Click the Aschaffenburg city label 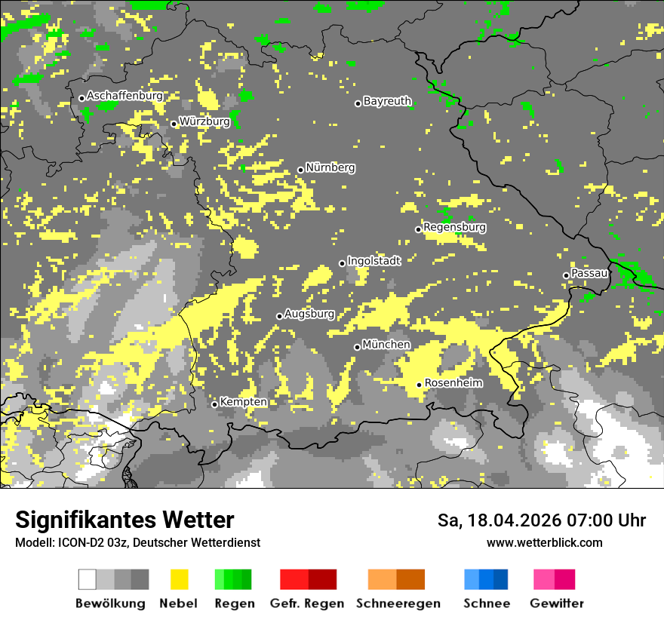pyautogui.click(x=124, y=96)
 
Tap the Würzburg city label pyautogui.click(x=204, y=121)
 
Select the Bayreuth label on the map pyautogui.click(x=387, y=101)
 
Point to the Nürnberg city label pyautogui.click(x=330, y=167)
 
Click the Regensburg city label pyautogui.click(x=454, y=227)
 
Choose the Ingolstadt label pyautogui.click(x=374, y=261)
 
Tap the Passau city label pyautogui.click(x=590, y=273)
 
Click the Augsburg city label pyautogui.click(x=309, y=314)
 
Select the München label pyautogui.click(x=386, y=345)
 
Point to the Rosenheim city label pyautogui.click(x=453, y=383)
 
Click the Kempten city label pyautogui.click(x=244, y=402)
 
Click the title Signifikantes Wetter pyautogui.click(x=124, y=520)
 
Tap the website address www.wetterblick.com pyautogui.click(x=544, y=542)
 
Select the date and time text pyautogui.click(x=542, y=520)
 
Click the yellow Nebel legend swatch pyautogui.click(x=179, y=579)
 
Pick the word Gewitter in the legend pyautogui.click(x=556, y=603)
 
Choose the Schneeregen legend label pyautogui.click(x=398, y=603)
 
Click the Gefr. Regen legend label pyautogui.click(x=307, y=603)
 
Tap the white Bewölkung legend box pyautogui.click(x=88, y=579)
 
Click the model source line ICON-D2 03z pyautogui.click(x=137, y=542)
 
